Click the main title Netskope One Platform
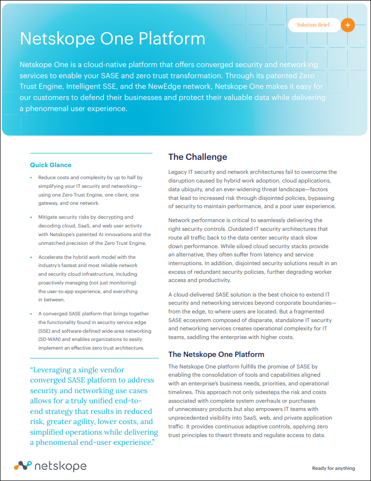coord(112,39)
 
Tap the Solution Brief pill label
coord(313,25)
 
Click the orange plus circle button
coord(348,25)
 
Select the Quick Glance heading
coord(51,165)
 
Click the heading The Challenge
coord(197,157)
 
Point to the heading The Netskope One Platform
coord(216,354)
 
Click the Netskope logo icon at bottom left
coord(22,466)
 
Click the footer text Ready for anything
coord(333,468)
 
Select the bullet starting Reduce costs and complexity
coord(90,191)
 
